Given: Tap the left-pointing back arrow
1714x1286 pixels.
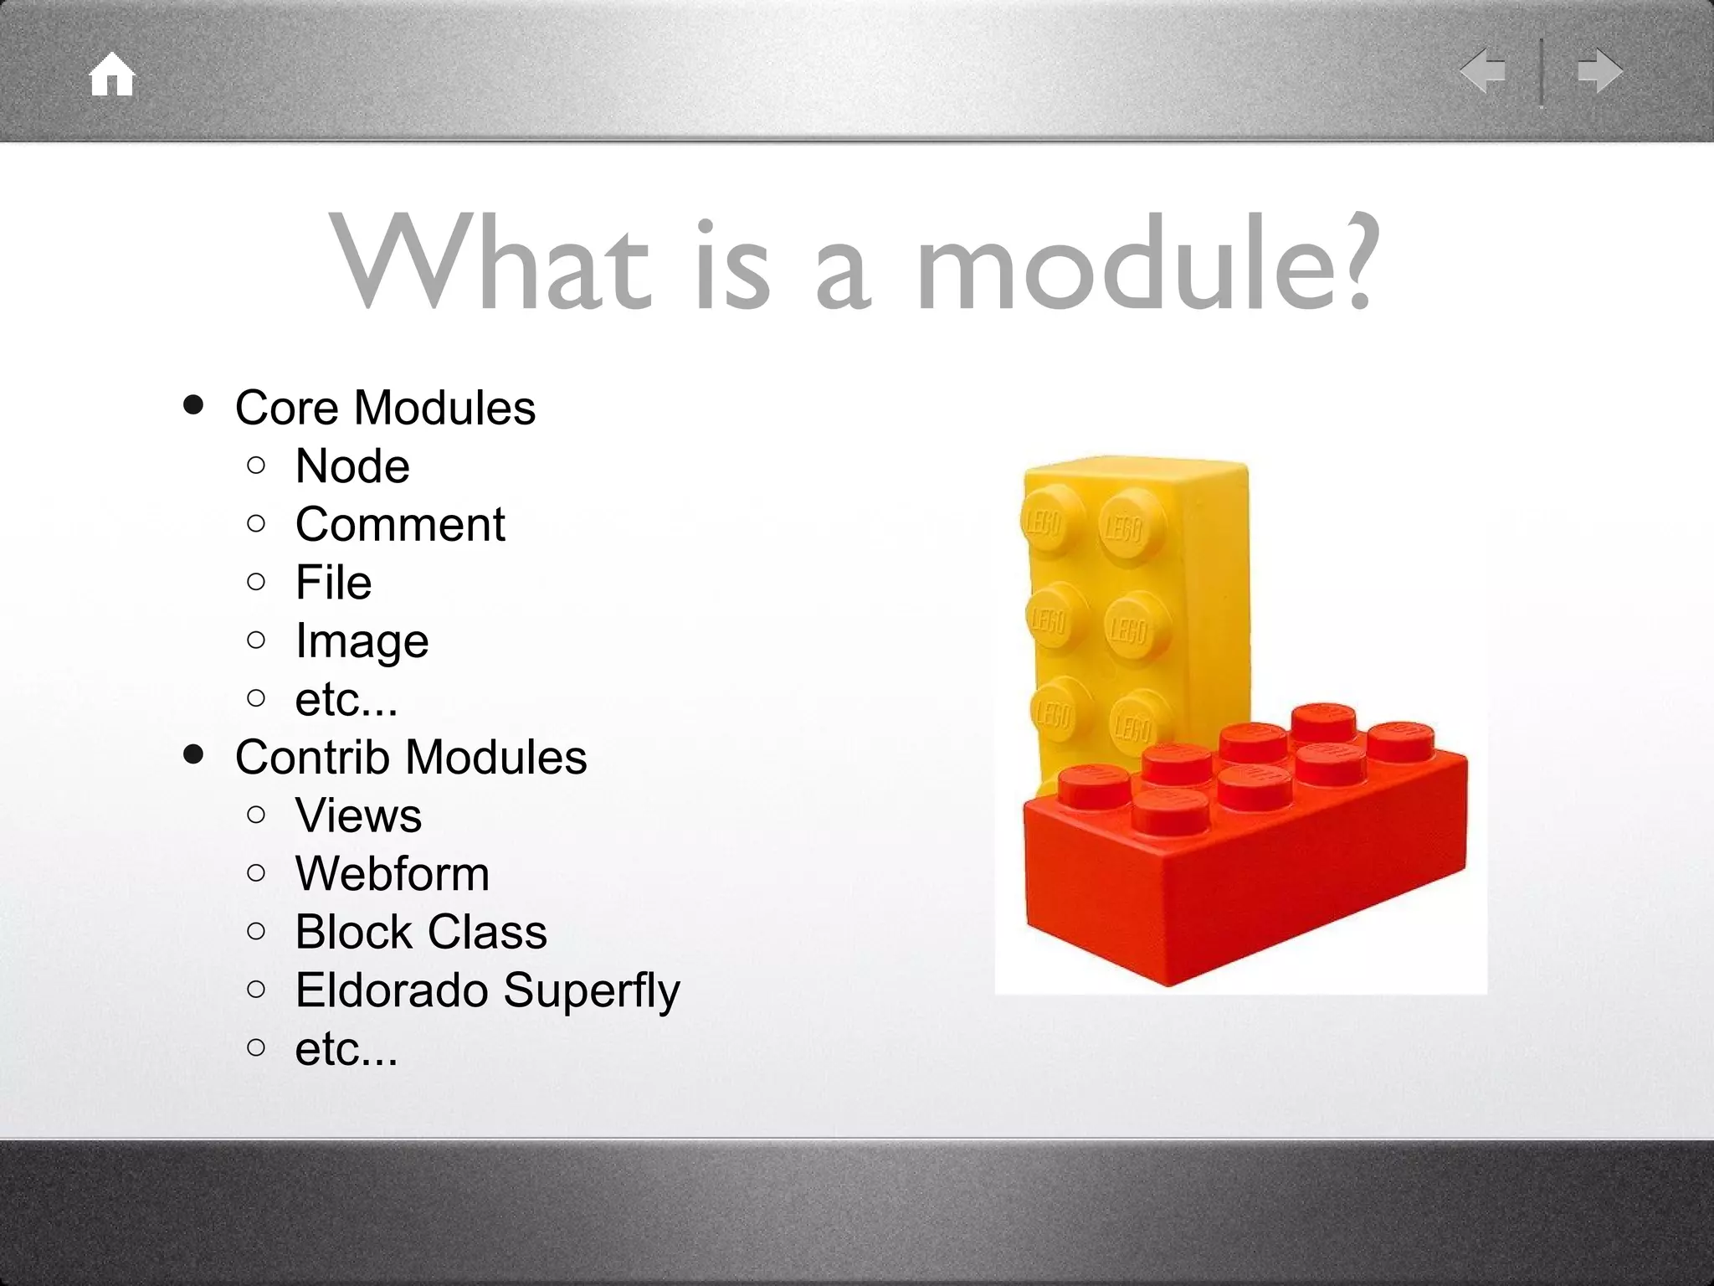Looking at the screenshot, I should pos(1483,70).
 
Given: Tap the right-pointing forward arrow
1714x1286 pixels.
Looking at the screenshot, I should pos(1599,70).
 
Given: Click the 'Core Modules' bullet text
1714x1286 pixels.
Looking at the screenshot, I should pos(385,408).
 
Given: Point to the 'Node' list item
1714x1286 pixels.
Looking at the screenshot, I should pos(352,466).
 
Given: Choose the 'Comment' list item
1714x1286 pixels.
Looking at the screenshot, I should pos(400,524).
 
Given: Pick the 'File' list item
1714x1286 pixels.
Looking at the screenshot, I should pos(333,582).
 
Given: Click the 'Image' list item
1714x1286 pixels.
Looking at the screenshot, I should pos(362,641).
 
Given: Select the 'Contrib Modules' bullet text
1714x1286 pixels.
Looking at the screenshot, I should pos(411,757).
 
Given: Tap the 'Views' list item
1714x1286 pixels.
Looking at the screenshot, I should pos(358,815).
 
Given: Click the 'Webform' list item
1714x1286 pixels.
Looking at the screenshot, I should pos(392,873).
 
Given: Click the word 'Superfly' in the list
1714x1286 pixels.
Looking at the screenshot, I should pos(593,991).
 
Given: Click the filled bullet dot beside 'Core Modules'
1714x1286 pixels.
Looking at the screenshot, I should pos(193,406).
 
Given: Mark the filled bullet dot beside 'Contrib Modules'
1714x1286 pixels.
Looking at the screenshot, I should pos(193,755).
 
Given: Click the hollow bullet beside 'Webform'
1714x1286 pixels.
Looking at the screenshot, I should pos(257,873).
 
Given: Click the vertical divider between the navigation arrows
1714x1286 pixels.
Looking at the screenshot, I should pos(1541,72).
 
